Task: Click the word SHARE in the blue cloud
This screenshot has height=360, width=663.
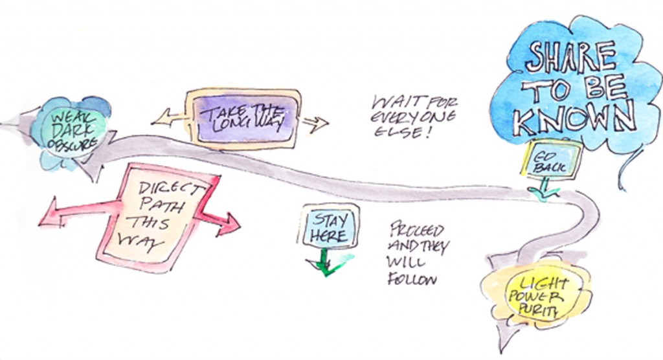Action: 571,56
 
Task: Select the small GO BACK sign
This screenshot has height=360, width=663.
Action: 552,161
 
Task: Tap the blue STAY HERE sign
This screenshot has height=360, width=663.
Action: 329,226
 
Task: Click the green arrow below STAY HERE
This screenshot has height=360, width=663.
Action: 327,262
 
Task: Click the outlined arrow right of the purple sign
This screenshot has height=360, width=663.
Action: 315,124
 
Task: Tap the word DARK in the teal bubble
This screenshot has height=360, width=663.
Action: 72,130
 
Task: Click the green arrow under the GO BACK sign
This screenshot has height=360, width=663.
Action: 544,188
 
